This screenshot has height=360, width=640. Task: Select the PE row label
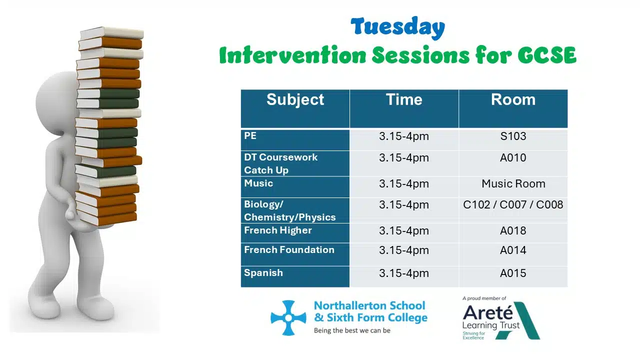point(250,135)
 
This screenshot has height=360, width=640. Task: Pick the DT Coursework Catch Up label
point(280,163)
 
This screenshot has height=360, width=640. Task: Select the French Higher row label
point(277,230)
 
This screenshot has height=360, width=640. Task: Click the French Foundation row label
point(289,249)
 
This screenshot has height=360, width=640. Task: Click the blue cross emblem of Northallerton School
point(288,317)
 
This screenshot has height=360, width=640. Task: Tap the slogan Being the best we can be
point(352,330)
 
